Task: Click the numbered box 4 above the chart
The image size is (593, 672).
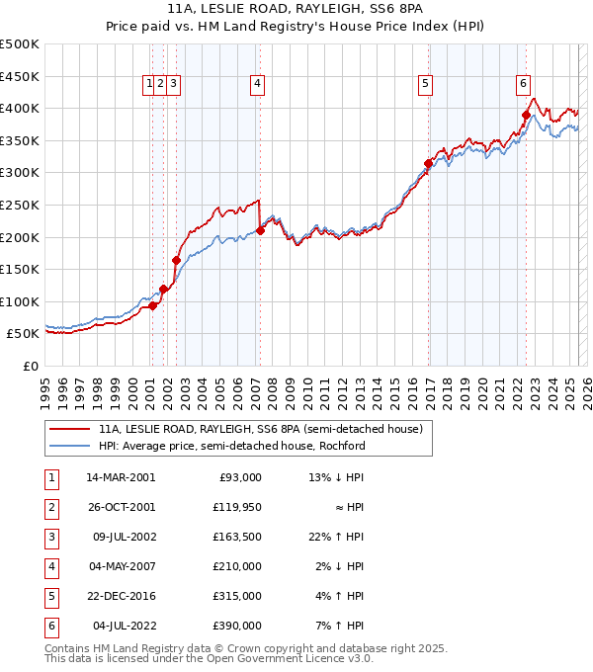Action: tap(256, 85)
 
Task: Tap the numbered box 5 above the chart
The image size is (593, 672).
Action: tap(425, 85)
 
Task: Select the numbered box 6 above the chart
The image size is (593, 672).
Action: tap(522, 85)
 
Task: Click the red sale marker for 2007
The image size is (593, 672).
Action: tap(260, 230)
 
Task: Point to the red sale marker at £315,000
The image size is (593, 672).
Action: tap(429, 163)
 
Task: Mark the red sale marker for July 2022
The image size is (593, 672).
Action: tap(526, 115)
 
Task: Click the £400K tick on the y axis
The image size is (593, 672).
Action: tap(20, 108)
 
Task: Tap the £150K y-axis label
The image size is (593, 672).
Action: tap(20, 269)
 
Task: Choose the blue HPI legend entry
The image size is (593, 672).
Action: tap(231, 446)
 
